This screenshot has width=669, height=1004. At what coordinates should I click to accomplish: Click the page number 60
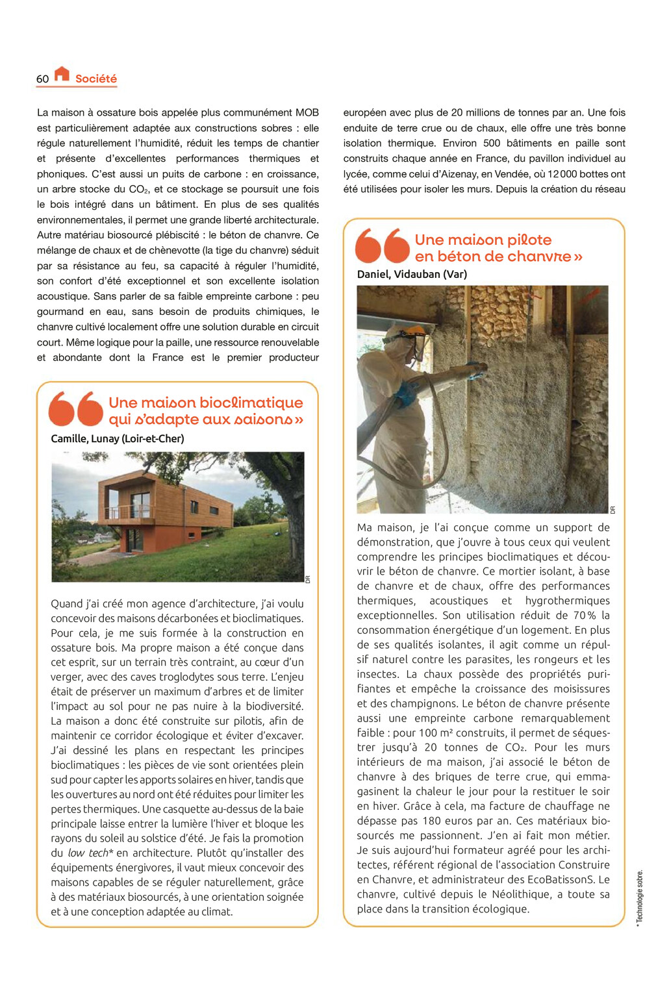[x=42, y=79]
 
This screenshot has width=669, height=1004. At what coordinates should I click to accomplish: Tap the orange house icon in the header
[x=62, y=74]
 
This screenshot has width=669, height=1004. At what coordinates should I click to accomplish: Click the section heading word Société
[x=96, y=79]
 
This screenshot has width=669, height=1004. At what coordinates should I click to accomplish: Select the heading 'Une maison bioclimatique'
[x=205, y=403]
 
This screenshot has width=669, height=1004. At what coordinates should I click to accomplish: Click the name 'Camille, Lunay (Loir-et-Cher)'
[x=118, y=438]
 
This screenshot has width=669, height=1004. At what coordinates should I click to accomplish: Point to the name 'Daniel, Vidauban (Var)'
[x=412, y=274]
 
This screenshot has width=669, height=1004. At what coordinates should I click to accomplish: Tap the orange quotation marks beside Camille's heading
[x=76, y=408]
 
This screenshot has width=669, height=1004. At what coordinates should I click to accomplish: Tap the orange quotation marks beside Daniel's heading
[x=383, y=245]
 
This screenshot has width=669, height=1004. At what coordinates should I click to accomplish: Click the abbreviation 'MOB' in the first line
[x=307, y=112]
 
